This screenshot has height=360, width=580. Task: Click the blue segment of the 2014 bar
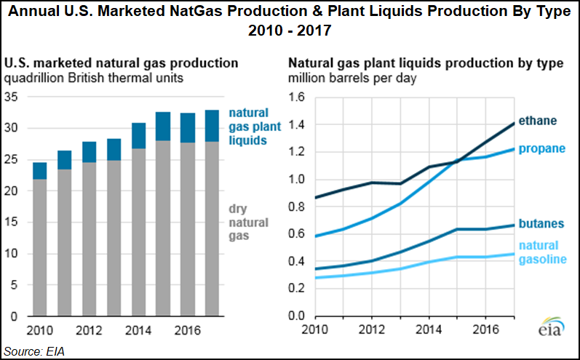tap(138, 136)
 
